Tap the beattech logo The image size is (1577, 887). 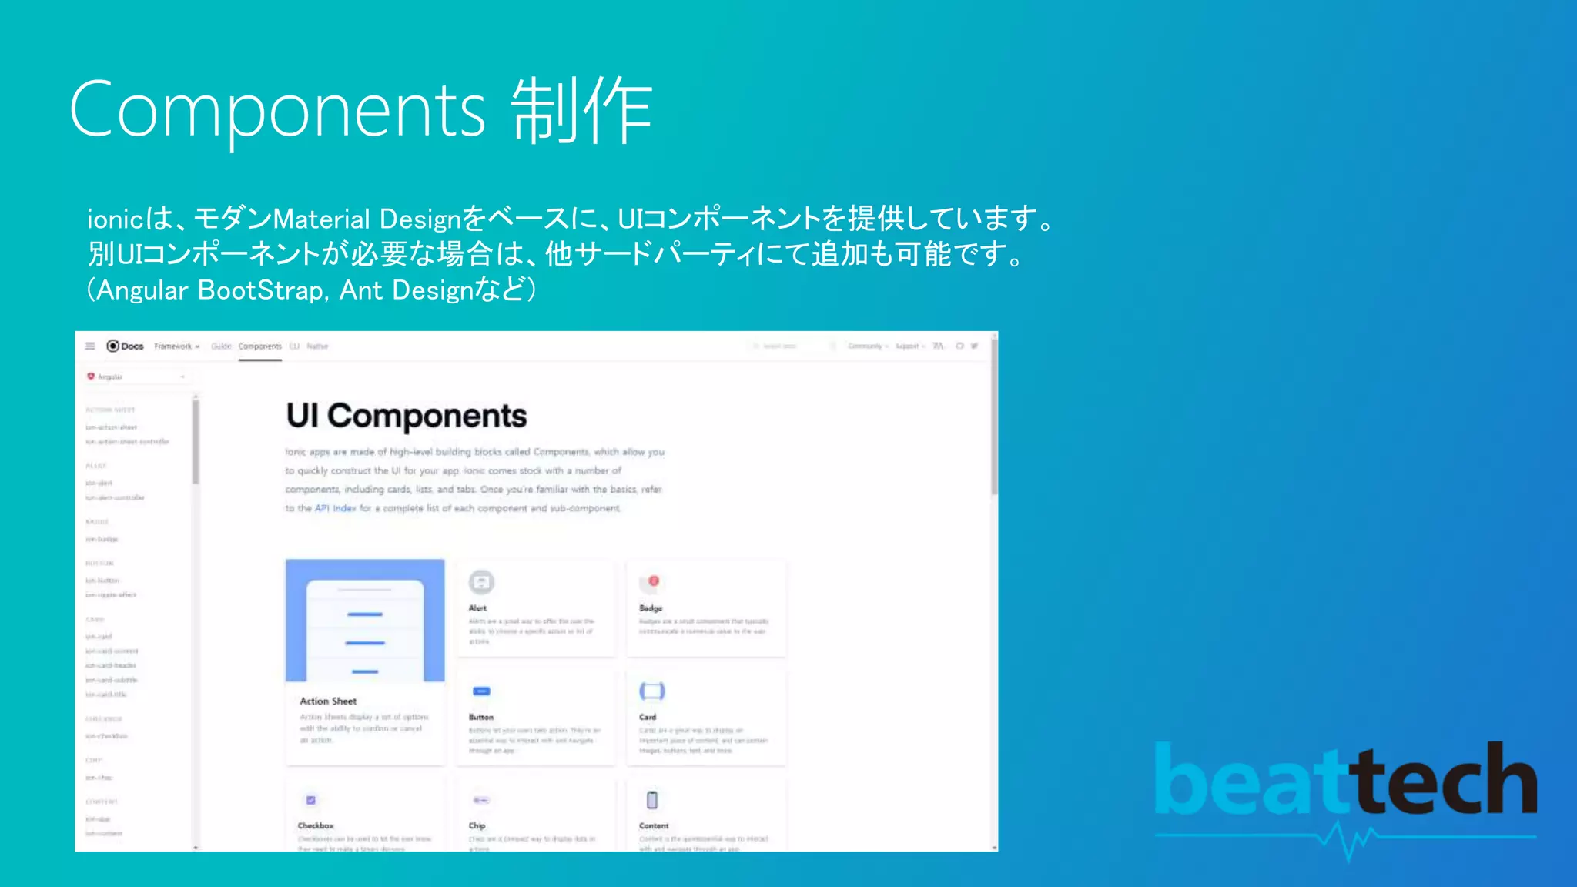pyautogui.click(x=1345, y=782)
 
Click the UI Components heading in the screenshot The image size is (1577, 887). pyautogui.click(x=406, y=416)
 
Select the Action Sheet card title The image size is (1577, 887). pyautogui.click(x=328, y=701)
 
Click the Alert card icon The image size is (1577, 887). pyautogui.click(x=481, y=582)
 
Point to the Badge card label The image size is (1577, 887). pyautogui.click(x=651, y=608)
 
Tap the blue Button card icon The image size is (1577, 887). pyautogui.click(x=481, y=691)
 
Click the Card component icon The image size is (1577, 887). pyautogui.click(x=651, y=691)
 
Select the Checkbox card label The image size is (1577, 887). pyautogui.click(x=316, y=825)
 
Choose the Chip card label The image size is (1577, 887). pyautogui.click(x=477, y=825)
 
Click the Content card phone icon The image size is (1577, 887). pyautogui.click(x=652, y=800)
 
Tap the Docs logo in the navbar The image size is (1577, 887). pyautogui.click(x=126, y=346)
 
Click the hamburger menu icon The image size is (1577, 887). pyautogui.click(x=90, y=346)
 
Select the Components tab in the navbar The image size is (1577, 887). pyautogui.click(x=260, y=346)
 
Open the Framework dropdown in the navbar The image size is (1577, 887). pyautogui.click(x=176, y=346)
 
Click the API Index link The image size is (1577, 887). pyautogui.click(x=336, y=508)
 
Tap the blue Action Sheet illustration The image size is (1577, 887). pyautogui.click(x=365, y=621)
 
